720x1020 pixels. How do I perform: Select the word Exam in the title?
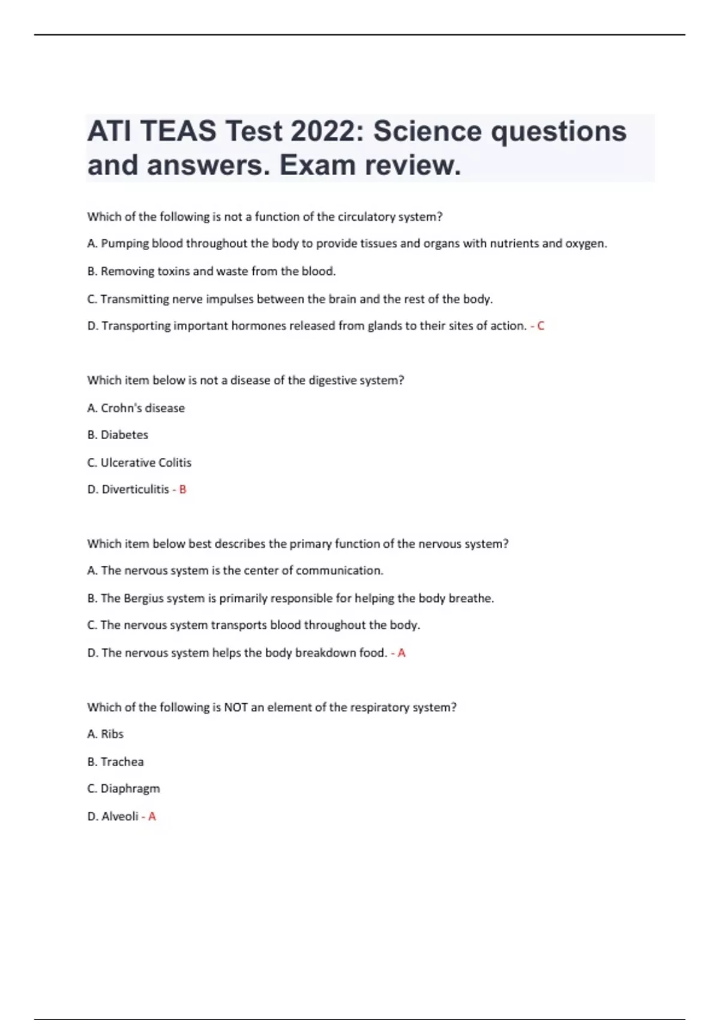tap(316, 165)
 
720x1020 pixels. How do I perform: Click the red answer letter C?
tap(541, 326)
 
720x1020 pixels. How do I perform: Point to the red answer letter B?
tap(183, 490)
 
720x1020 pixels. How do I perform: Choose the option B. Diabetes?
tap(118, 435)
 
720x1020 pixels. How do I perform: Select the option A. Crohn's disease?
tap(136, 408)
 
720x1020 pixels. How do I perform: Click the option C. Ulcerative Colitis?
tap(139, 463)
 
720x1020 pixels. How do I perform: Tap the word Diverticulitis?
tap(135, 490)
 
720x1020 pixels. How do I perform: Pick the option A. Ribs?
tap(105, 734)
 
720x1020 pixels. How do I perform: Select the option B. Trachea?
tap(115, 761)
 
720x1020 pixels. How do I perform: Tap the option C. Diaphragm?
tap(124, 788)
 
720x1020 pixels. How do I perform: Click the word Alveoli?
tap(120, 816)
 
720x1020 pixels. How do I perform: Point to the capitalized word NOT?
tap(236, 707)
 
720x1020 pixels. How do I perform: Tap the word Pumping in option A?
tap(124, 244)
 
